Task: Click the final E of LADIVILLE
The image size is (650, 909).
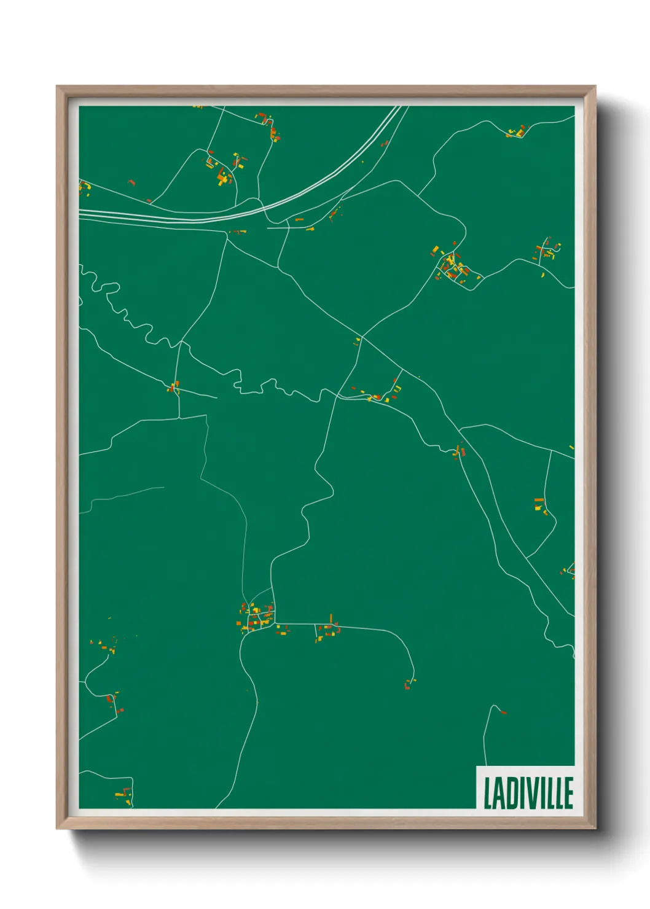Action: pyautogui.click(x=568, y=793)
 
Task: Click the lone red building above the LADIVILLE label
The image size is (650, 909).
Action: pyautogui.click(x=504, y=712)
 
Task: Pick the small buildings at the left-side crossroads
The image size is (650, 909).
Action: pyautogui.click(x=174, y=387)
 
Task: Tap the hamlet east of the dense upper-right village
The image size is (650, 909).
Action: pyautogui.click(x=547, y=252)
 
